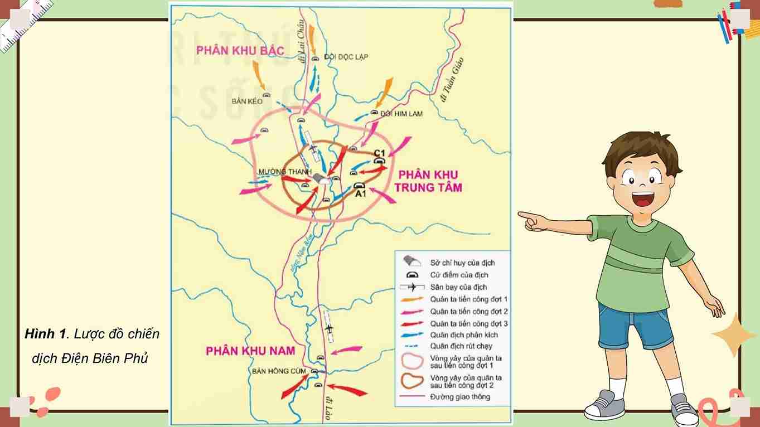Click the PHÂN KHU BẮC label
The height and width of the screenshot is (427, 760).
(240, 51)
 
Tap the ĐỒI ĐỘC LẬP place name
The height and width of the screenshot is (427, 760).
(346, 57)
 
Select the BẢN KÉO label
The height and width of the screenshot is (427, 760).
(247, 101)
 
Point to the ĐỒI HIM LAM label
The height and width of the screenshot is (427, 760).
(401, 114)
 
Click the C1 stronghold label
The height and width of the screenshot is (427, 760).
(380, 153)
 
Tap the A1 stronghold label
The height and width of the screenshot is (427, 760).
(360, 194)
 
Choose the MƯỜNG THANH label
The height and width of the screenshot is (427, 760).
(284, 172)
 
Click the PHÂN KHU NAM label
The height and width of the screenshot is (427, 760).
(250, 351)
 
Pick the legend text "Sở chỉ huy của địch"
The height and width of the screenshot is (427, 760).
(462, 263)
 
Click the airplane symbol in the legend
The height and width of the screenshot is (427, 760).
(413, 287)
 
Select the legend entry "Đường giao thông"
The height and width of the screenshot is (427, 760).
(460, 397)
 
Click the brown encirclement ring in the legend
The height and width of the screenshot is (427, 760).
(413, 381)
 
